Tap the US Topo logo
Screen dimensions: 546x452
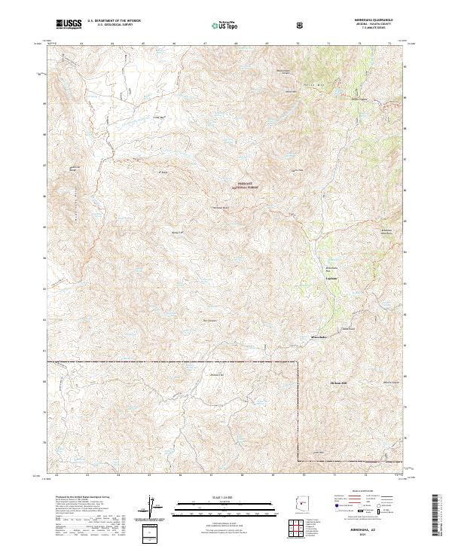[216, 26]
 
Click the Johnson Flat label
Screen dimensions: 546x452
[217, 374]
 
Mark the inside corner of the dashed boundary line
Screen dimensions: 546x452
[299, 362]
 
